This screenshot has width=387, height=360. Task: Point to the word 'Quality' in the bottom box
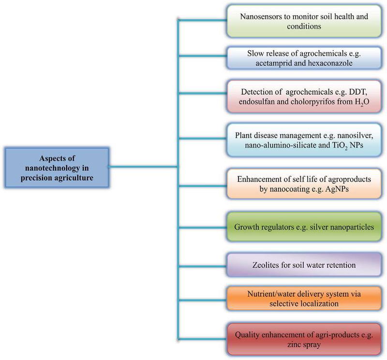248,334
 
